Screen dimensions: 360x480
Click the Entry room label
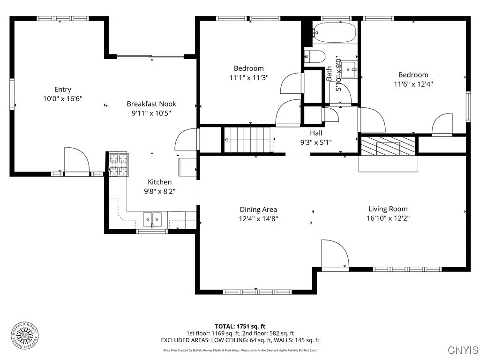pyautogui.click(x=63, y=90)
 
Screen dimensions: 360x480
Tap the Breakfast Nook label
pyautogui.click(x=151, y=104)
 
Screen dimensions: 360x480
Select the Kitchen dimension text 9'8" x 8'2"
pyautogui.click(x=159, y=191)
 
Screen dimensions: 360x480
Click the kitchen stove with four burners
pyautogui.click(x=118, y=165)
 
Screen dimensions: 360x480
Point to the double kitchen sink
pyautogui.click(x=152, y=218)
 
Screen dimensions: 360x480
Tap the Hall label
pyautogui.click(x=315, y=133)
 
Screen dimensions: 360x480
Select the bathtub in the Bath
pyautogui.click(x=334, y=33)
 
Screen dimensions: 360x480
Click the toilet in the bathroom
pyautogui.click(x=315, y=57)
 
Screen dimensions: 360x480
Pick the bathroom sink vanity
pyautogui.click(x=349, y=70)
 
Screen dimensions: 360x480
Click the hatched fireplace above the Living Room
pyautogui.click(x=388, y=146)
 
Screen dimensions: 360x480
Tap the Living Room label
pyautogui.click(x=388, y=209)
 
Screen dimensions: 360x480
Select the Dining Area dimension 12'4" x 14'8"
pyautogui.click(x=258, y=218)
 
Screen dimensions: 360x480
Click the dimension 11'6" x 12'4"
pyautogui.click(x=413, y=84)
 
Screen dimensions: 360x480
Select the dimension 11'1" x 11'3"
pyautogui.click(x=248, y=78)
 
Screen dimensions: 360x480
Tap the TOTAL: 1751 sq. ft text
pyautogui.click(x=240, y=326)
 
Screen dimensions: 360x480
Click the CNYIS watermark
pyautogui.click(x=463, y=350)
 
